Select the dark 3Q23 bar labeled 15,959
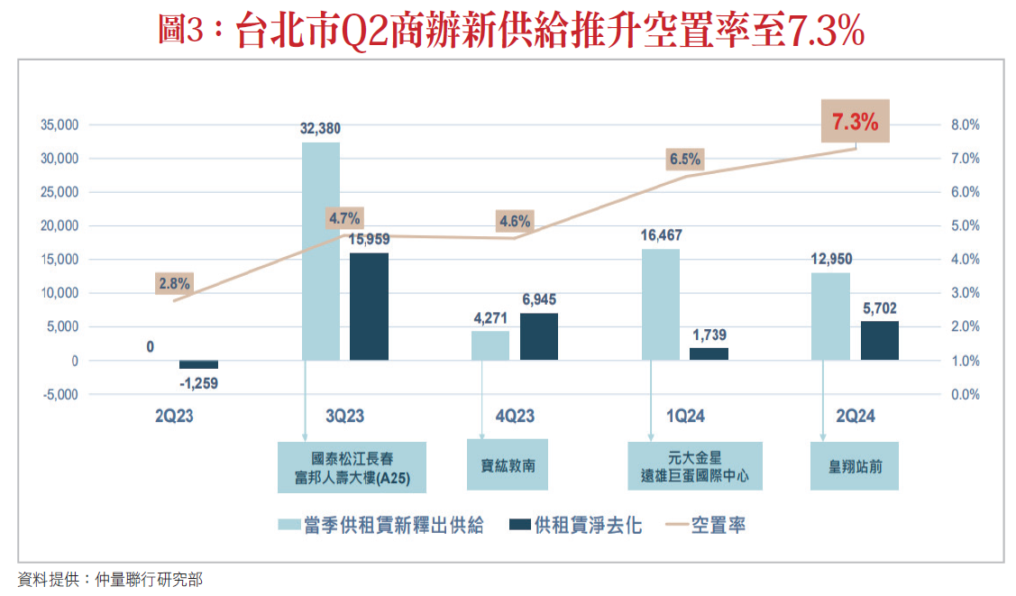tap(369, 307)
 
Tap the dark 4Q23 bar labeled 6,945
tap(539, 336)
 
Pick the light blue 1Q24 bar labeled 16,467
tap(661, 305)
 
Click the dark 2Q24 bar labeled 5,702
tap(880, 341)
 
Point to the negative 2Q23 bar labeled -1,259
tap(198, 365)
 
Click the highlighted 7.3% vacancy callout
tap(855, 123)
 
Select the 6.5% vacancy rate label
tap(684, 160)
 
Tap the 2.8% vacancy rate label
tap(174, 283)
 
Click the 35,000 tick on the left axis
tap(60, 124)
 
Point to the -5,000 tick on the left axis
tap(60, 394)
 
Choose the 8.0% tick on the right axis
tap(966, 124)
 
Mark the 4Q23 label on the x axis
tap(515, 417)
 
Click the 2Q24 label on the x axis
tap(856, 417)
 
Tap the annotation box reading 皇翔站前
tap(855, 466)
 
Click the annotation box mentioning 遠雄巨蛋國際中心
tap(695, 466)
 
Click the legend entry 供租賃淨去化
tap(576, 526)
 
